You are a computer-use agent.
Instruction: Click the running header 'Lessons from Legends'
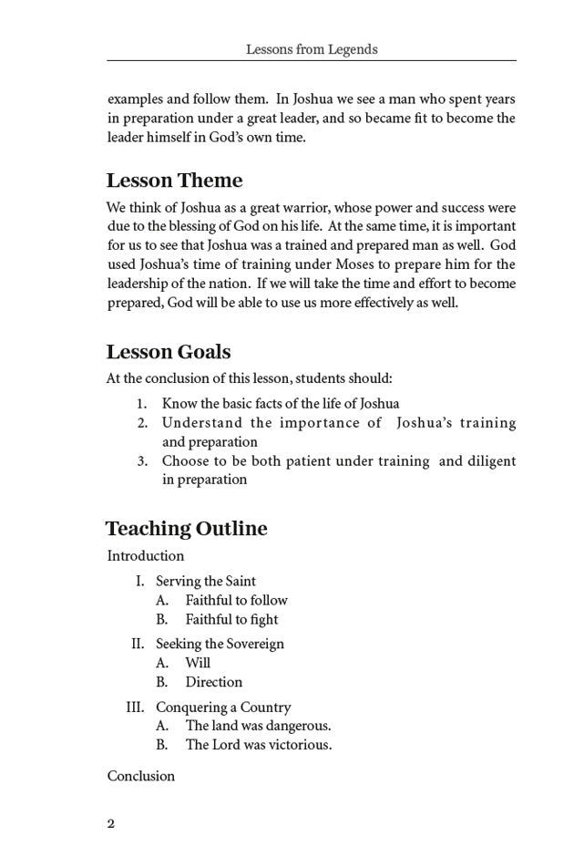click(311, 49)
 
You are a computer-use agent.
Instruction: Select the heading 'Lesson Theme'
click(174, 180)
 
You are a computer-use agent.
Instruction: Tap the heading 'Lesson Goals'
click(169, 352)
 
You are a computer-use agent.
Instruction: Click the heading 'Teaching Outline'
click(186, 529)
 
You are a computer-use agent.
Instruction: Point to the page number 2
click(111, 823)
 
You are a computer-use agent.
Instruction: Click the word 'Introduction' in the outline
click(146, 556)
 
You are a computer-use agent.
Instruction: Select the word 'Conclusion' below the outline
click(141, 776)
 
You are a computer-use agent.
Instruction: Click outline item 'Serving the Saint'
click(206, 581)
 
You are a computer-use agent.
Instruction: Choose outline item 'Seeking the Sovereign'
click(220, 644)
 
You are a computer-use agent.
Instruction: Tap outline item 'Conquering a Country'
click(223, 707)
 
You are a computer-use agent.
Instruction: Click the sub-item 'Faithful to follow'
click(236, 600)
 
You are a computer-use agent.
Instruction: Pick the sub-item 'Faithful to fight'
click(231, 619)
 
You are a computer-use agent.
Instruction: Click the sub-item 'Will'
click(198, 663)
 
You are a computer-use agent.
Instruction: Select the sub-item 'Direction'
click(214, 682)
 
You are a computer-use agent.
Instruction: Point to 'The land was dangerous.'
click(258, 726)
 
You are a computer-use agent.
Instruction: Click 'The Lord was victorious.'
click(259, 745)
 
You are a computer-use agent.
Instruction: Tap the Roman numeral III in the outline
click(137, 707)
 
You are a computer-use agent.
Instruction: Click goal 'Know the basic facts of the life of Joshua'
click(281, 403)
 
